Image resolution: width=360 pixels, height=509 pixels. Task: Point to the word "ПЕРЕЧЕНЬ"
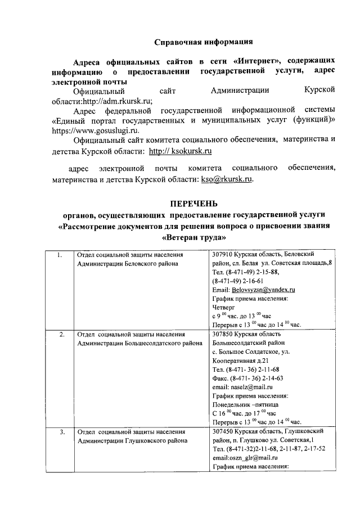(x=193, y=203)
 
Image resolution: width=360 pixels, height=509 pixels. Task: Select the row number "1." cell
(x=61, y=255)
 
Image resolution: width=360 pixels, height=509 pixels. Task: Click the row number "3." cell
(x=61, y=432)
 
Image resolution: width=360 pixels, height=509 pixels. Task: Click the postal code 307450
(x=224, y=431)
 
